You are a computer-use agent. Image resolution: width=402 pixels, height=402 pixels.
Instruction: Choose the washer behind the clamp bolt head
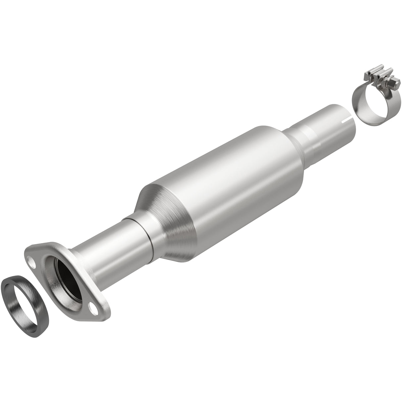click(388, 83)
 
